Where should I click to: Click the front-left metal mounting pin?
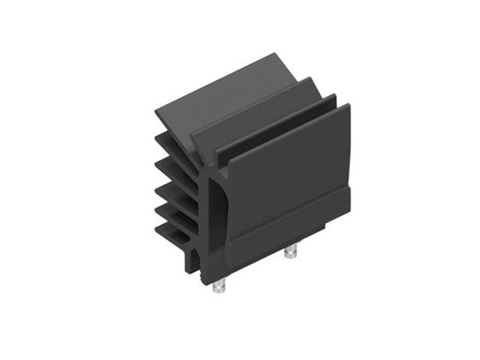[x=220, y=286]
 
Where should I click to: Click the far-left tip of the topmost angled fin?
[x=157, y=112]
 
